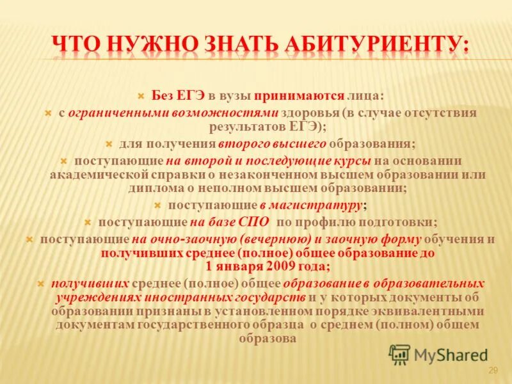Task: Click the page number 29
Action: (x=493, y=371)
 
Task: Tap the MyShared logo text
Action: (x=451, y=355)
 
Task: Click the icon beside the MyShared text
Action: (x=400, y=354)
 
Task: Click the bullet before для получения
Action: (x=109, y=144)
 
